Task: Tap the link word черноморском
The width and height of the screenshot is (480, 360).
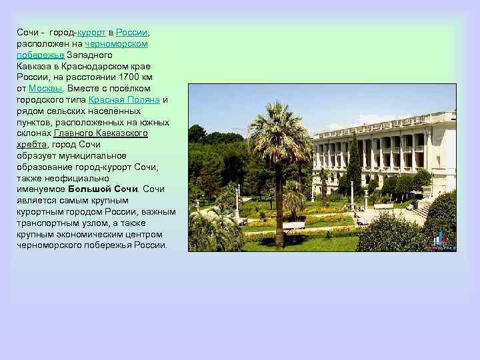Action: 116,43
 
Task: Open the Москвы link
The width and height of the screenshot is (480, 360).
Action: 47,88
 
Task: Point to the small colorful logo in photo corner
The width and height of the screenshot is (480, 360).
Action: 441,241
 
